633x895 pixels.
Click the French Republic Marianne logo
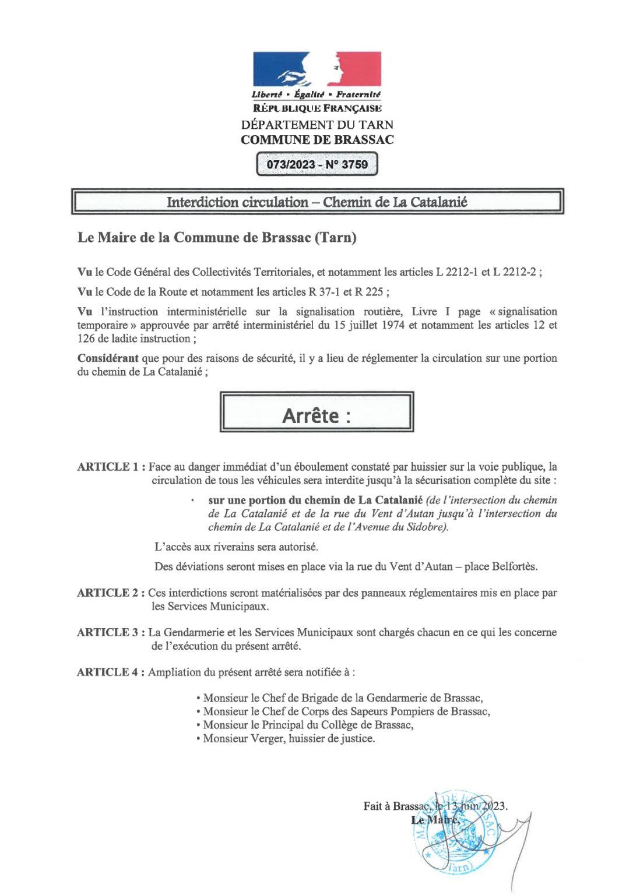tap(316, 69)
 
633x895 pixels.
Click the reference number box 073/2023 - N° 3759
tap(317, 164)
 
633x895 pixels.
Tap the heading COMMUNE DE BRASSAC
tap(317, 140)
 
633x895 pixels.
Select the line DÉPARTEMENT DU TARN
tap(317, 125)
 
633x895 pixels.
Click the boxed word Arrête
tap(316, 415)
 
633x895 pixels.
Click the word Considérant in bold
tap(108, 358)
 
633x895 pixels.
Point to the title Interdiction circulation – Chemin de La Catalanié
tap(316, 202)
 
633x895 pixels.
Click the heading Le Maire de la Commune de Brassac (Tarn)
tap(217, 238)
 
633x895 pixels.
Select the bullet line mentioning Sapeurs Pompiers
tap(343, 711)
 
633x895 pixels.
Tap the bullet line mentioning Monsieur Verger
tap(286, 738)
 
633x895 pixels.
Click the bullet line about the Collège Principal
tap(305, 725)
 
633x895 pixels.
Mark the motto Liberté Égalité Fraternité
tap(316, 94)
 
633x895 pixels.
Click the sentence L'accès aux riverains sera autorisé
tap(236, 547)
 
